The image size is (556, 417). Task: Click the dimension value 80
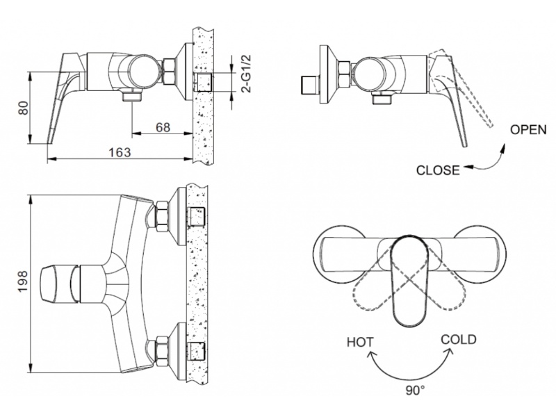coord(23,108)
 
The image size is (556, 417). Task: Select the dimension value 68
coord(163,127)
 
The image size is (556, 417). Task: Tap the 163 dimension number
coord(120,152)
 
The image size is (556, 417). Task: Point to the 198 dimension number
coord(23,281)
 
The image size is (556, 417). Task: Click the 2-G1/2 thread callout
coord(246,74)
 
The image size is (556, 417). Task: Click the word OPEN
coord(528,130)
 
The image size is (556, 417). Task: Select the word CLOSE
coord(438,170)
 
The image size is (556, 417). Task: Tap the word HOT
coord(360,342)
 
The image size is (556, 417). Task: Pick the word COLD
coord(459,339)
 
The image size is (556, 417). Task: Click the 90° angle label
coord(415,391)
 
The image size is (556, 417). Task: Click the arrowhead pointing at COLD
coord(450,351)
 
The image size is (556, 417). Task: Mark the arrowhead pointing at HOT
coord(372,354)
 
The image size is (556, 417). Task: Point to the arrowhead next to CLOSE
coord(468,167)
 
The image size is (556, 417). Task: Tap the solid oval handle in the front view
coord(409,280)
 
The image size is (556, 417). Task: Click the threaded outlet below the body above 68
coord(132,96)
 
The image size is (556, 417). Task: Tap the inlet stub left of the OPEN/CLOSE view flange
coord(309,85)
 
